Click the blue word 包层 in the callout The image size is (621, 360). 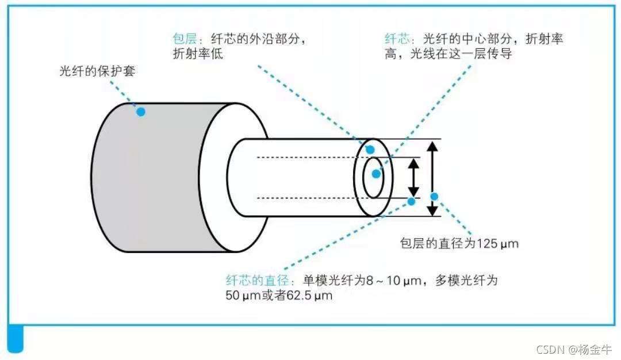185,39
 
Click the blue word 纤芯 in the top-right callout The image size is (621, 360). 397,39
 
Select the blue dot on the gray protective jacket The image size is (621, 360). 141,112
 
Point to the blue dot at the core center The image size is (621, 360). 375,173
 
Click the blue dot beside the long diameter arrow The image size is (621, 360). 434,197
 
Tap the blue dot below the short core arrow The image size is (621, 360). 412,201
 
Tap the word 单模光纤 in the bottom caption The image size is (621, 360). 328,281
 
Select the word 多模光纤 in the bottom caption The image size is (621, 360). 465,281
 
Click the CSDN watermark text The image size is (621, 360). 550,350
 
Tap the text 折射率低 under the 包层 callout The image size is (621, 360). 197,54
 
